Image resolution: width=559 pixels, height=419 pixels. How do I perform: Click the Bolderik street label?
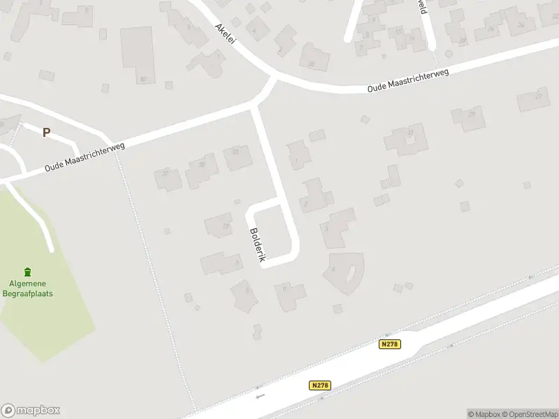pos(256,245)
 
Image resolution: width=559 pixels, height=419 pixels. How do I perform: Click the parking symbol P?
pos(47,132)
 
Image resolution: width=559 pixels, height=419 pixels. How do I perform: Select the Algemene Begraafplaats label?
pos(31,288)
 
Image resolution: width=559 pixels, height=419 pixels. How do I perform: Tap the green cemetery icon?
pos(27,272)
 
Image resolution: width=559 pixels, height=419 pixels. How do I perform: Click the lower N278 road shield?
pos(319,385)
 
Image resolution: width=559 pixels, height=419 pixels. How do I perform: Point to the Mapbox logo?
pos(31,411)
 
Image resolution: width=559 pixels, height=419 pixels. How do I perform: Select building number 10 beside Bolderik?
pos(219,226)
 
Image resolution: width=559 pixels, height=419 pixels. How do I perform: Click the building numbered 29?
pos(467,117)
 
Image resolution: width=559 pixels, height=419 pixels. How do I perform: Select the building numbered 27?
pos(534,98)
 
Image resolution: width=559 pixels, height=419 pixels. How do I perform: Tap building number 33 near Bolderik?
pos(236,158)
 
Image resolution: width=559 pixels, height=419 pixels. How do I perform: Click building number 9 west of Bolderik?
pos(222,263)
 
